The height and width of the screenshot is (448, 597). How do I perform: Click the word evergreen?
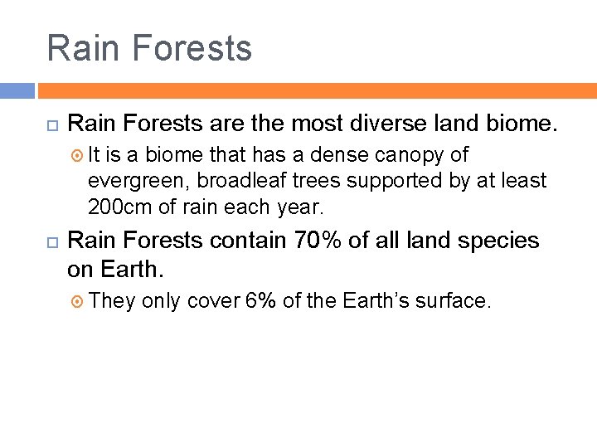[x=138, y=180]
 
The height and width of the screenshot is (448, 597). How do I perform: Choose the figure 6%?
[x=260, y=300]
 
